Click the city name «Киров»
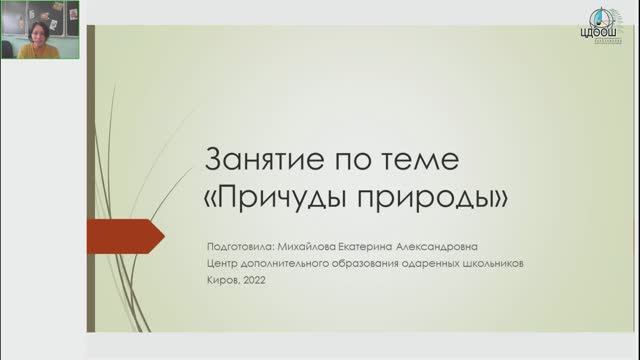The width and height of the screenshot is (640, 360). click(220, 282)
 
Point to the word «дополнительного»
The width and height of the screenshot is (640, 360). click(285, 264)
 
